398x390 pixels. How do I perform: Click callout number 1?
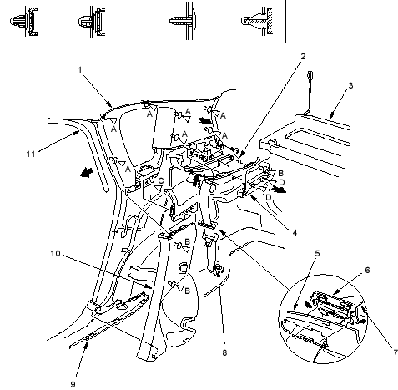pos(80,69)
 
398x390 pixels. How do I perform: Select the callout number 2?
pos(303,56)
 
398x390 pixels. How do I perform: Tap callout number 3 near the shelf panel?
pos(350,86)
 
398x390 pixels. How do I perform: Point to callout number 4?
pos(295,232)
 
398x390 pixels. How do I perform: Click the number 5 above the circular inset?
pos(317,254)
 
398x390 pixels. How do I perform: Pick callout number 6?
pos(367,270)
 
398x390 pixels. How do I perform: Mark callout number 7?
pos(395,352)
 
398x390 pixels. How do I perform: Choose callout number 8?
pos(224,352)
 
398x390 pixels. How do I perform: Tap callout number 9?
pos(73,384)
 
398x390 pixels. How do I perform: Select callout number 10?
pos(55,254)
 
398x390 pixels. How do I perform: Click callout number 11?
pos(31,154)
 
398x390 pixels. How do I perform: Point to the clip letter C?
pos(161,181)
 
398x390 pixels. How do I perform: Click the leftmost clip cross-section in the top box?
pos(23,22)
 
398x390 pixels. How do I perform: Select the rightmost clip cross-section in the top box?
pos(256,22)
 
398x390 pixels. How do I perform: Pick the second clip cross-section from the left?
pos(92,22)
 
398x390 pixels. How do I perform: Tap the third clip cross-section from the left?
pos(183,21)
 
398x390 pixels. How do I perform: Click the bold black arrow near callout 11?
pos(87,173)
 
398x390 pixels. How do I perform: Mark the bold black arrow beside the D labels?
pos(280,190)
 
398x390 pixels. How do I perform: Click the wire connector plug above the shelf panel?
pos(310,76)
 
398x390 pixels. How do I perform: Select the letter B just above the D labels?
pos(280,173)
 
